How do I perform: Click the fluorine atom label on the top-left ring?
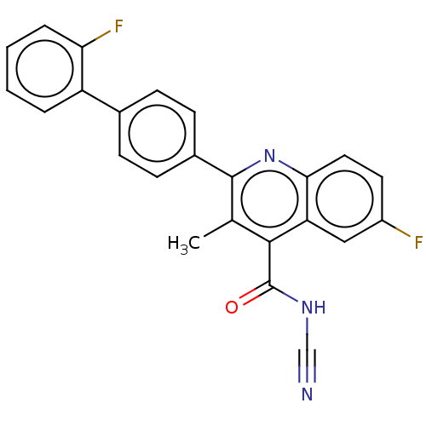(x=118, y=26)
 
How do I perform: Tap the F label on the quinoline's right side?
(x=418, y=243)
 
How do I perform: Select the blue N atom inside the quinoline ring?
(x=269, y=156)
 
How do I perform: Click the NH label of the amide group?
(x=314, y=308)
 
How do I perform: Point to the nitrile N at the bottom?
(x=307, y=394)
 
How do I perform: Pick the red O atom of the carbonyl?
(x=232, y=308)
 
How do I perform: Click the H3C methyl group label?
(x=184, y=244)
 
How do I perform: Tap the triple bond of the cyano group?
(x=307, y=366)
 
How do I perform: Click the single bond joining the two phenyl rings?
(x=101, y=101)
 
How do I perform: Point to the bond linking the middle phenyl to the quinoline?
(x=214, y=166)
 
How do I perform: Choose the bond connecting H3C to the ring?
(x=218, y=228)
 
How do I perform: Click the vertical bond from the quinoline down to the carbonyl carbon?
(x=269, y=263)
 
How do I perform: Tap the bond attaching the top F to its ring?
(x=96, y=38)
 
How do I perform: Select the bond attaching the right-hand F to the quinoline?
(x=396, y=228)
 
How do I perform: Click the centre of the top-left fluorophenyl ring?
(x=44, y=68)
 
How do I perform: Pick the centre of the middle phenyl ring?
(x=157, y=134)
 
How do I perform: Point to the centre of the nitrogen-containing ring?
(x=269, y=199)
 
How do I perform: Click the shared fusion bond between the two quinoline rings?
(x=307, y=199)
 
